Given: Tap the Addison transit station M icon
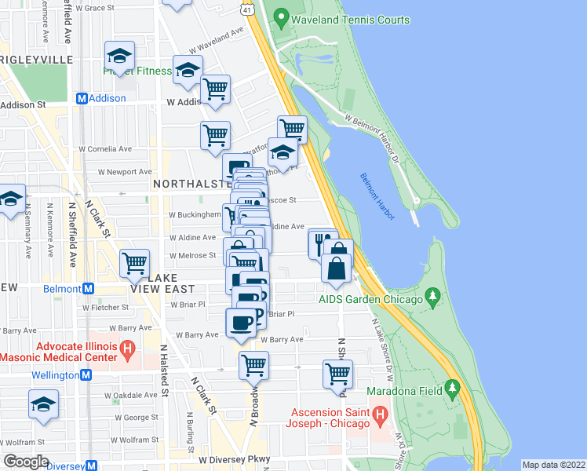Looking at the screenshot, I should [81, 99].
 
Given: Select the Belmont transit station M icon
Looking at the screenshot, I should [89, 289].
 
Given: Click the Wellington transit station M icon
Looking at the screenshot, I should [86, 375].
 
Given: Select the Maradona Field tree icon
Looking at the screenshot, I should [451, 388].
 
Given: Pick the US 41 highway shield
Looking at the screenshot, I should [247, 9].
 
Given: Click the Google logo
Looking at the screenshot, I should [25, 462].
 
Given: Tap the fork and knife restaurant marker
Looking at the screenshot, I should [323, 244].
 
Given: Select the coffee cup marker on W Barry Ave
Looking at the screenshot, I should [241, 323].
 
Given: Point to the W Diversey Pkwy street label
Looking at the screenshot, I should [234, 459].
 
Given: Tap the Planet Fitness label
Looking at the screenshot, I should [137, 71].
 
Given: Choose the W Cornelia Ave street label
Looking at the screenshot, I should [103, 148].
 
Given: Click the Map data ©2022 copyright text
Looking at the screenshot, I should [553, 465].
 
